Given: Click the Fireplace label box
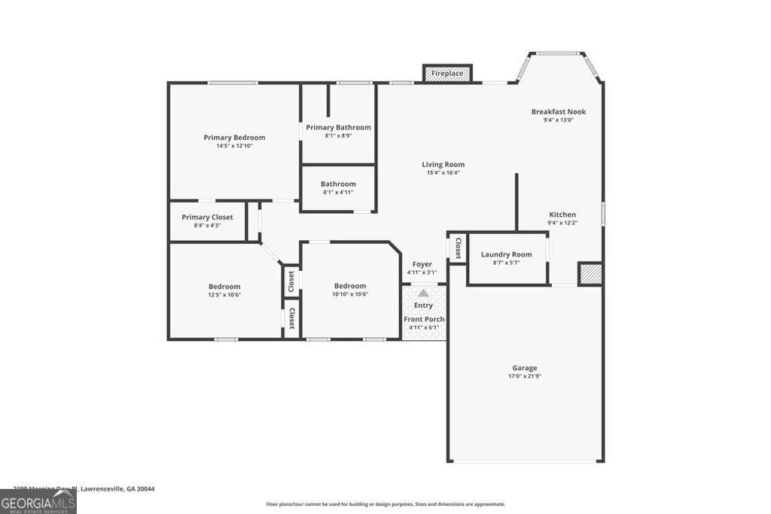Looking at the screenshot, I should (447, 74).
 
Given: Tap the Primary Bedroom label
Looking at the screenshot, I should (234, 138).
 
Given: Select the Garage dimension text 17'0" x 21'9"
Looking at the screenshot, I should (526, 376).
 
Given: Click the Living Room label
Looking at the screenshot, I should (443, 164).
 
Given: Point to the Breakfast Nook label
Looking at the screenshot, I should (558, 111).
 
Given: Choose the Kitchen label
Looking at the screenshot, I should (562, 214).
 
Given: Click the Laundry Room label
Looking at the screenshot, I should (506, 254).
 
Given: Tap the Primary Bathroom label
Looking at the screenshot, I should (338, 127).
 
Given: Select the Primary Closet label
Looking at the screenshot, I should (207, 217).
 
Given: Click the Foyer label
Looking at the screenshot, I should (422, 264).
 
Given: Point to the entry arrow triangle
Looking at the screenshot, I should (423, 293).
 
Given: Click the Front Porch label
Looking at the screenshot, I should (424, 319).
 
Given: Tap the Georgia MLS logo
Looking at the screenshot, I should (38, 502).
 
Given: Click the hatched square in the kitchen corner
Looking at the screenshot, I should (590, 274).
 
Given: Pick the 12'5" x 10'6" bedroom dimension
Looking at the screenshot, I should (224, 294).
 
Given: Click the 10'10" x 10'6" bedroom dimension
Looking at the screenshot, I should (350, 294).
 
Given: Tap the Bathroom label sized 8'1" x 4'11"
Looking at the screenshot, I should (338, 184).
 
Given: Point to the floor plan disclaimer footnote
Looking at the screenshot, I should (385, 504).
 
